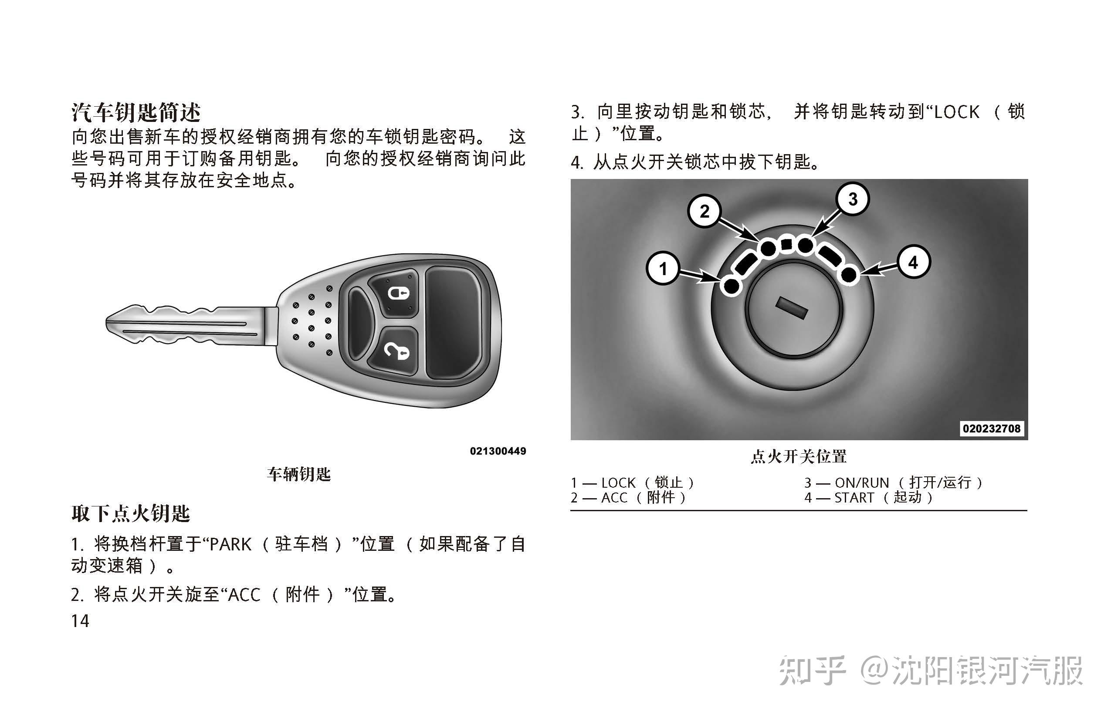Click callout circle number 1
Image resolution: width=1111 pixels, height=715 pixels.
tap(663, 268)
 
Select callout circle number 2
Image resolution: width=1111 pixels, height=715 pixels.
tap(705, 211)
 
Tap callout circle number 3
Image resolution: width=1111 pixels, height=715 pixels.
tap(853, 199)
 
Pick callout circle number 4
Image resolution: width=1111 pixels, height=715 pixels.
tap(913, 262)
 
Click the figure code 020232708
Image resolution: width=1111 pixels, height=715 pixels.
tap(992, 428)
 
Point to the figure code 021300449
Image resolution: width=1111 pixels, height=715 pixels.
tap(498, 451)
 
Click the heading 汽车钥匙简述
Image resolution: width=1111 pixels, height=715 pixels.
tap(135, 112)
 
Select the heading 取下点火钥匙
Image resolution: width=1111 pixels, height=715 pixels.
tap(131, 513)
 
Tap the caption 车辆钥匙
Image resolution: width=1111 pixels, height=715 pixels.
tap(298, 474)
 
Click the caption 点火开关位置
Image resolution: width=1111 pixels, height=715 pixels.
tap(799, 456)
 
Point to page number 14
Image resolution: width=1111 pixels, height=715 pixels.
tap(80, 621)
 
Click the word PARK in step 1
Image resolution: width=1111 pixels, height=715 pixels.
tap(230, 544)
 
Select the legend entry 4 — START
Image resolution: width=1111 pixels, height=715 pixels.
tap(869, 498)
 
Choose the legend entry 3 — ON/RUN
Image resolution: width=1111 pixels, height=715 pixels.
tap(893, 483)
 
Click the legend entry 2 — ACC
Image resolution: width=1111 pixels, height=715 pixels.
tap(628, 498)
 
